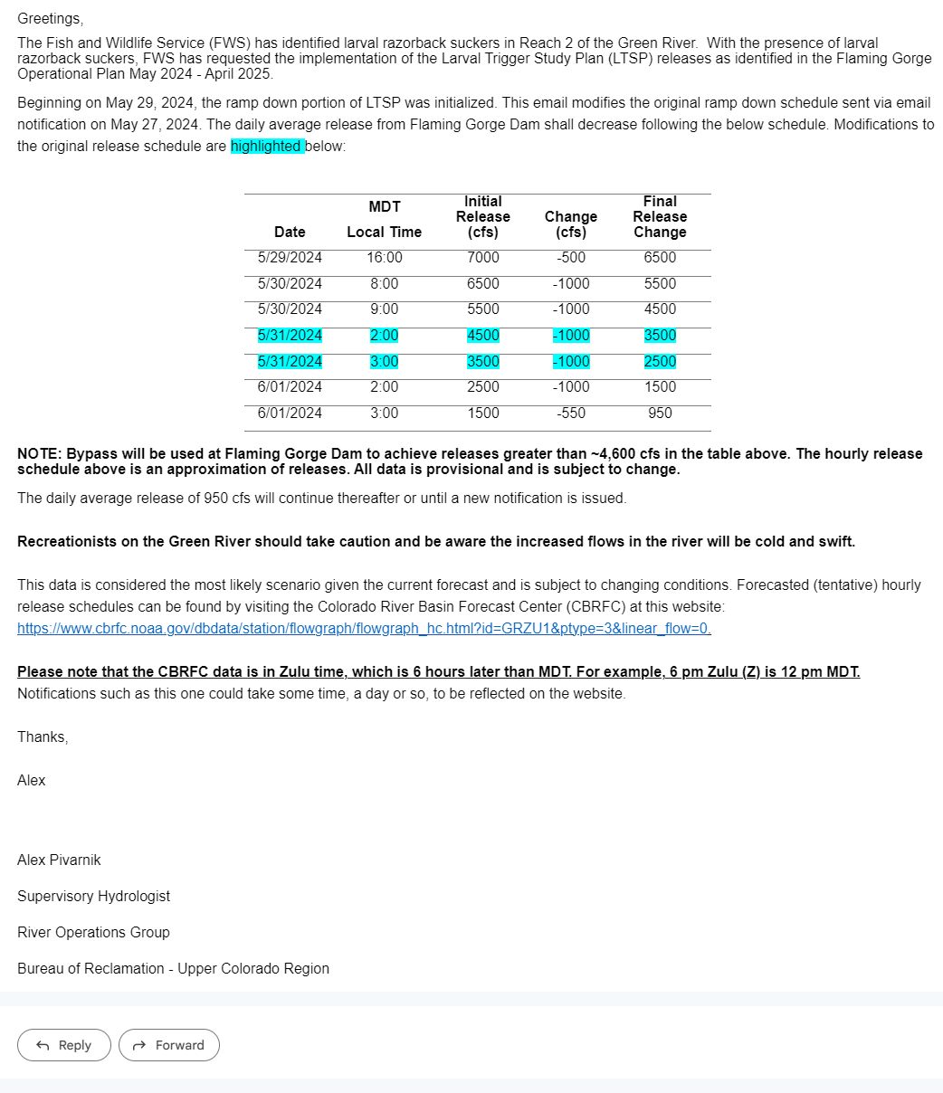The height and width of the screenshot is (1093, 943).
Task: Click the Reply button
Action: [x=64, y=1045]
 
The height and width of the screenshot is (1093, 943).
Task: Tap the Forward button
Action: [x=169, y=1045]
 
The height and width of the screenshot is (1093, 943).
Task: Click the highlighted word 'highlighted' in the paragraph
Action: [x=267, y=146]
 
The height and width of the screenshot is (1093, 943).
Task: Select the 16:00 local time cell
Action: [x=385, y=257]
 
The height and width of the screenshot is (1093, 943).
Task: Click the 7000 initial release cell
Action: [x=482, y=257]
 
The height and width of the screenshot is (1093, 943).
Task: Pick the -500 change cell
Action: [x=571, y=257]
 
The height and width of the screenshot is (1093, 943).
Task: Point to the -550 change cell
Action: [x=571, y=413]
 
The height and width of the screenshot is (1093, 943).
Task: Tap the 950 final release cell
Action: [x=660, y=413]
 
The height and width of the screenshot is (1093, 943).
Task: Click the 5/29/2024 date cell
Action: [x=290, y=257]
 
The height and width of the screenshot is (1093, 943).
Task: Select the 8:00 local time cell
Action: [x=385, y=283]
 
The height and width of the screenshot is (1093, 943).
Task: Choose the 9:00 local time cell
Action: [x=385, y=309]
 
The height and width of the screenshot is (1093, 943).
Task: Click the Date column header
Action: [x=290, y=232]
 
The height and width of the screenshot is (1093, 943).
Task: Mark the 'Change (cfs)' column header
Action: [x=571, y=224]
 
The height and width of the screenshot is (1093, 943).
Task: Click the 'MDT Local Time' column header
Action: [x=385, y=220]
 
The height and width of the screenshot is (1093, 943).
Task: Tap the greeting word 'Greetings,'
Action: [x=50, y=18]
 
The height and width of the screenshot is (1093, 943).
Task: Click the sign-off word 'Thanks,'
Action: [x=43, y=737]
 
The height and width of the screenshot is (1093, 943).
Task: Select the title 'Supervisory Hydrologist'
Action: [x=93, y=896]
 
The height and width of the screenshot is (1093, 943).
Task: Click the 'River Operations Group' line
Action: [x=93, y=932]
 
